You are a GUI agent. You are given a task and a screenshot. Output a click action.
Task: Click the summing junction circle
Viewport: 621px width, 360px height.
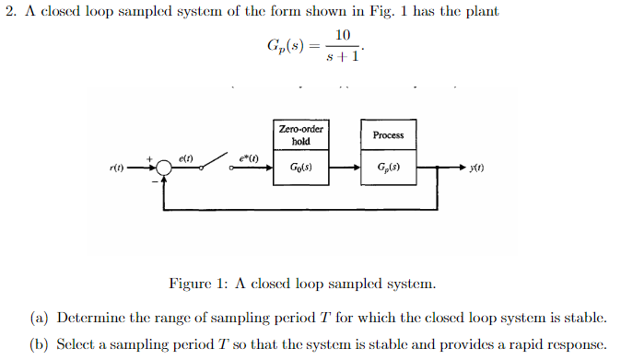163,168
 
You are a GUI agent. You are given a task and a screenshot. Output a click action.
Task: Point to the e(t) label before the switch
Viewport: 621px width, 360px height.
185,158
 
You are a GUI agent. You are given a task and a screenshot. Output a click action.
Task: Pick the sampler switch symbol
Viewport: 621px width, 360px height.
215,163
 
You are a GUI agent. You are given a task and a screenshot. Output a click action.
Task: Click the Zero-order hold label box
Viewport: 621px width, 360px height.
300,135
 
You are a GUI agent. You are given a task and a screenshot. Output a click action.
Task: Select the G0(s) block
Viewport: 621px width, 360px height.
300,168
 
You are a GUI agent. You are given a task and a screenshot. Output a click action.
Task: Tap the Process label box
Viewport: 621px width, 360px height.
388,135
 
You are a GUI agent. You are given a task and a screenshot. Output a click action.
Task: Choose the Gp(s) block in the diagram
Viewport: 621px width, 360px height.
388,168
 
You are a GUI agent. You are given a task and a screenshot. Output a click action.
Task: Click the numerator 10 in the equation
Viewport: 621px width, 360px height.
343,35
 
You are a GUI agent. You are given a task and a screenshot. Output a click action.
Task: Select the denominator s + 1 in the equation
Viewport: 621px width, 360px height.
343,57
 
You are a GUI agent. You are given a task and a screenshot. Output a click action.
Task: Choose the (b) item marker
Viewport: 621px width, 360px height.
39,343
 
